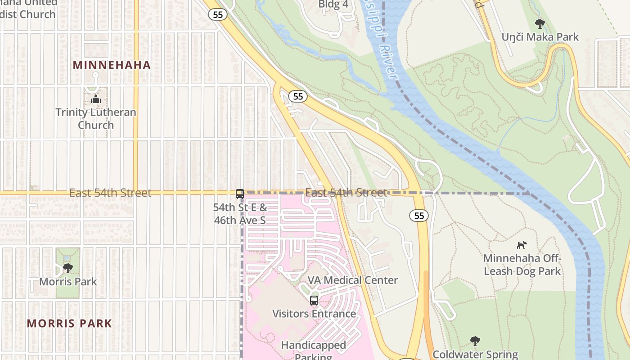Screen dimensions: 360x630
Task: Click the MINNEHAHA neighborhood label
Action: tap(112, 65)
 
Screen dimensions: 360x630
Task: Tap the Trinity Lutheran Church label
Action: tap(95, 118)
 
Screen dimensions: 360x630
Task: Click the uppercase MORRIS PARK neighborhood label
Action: tap(69, 323)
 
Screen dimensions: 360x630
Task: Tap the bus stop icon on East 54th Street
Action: tap(240, 194)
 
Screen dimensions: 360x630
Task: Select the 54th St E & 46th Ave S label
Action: tap(240, 214)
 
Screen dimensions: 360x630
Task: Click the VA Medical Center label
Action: tap(352, 280)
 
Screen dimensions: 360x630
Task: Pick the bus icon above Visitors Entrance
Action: tap(314, 300)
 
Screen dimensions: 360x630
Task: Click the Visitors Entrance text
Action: tap(314, 314)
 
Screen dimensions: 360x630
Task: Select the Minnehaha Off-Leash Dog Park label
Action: tap(522, 265)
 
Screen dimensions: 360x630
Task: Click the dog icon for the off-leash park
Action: tap(522, 245)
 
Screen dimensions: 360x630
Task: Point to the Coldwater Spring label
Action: tap(475, 355)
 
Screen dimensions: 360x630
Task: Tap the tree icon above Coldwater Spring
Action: tap(475, 341)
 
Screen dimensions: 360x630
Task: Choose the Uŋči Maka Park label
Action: tap(540, 37)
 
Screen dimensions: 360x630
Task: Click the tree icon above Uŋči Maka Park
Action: tap(540, 23)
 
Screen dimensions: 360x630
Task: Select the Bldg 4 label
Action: tap(333, 4)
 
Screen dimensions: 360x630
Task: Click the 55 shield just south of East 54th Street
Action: tap(419, 216)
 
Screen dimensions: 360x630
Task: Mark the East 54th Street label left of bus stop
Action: tap(110, 193)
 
